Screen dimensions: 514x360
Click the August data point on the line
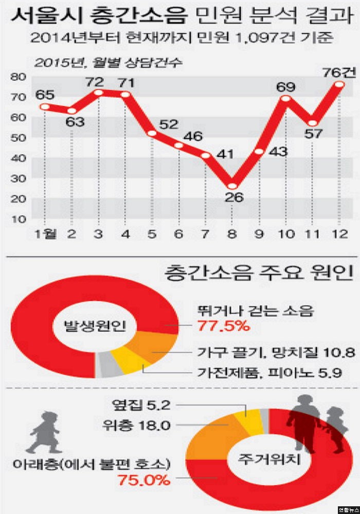coord(232,186)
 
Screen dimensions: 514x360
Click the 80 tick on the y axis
coord(19,77)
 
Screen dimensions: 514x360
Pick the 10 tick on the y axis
coord(19,219)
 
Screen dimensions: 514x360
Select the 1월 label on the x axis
coord(44,234)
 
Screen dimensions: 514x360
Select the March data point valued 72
coord(98,93)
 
